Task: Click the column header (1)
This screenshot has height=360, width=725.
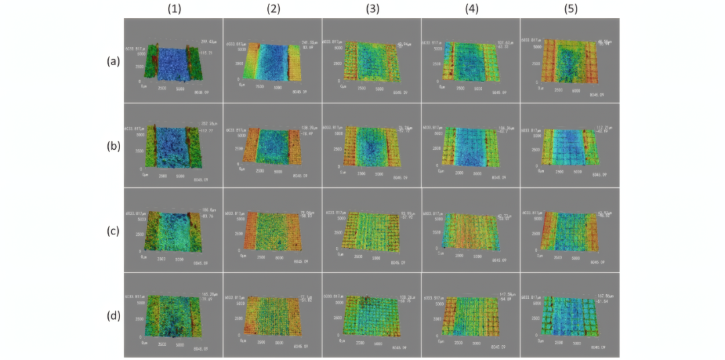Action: [173, 9]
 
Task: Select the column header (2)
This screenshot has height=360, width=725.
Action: [273, 9]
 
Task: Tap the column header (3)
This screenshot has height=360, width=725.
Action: [371, 9]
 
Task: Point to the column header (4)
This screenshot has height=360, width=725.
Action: [470, 9]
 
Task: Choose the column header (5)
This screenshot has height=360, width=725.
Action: [569, 9]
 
